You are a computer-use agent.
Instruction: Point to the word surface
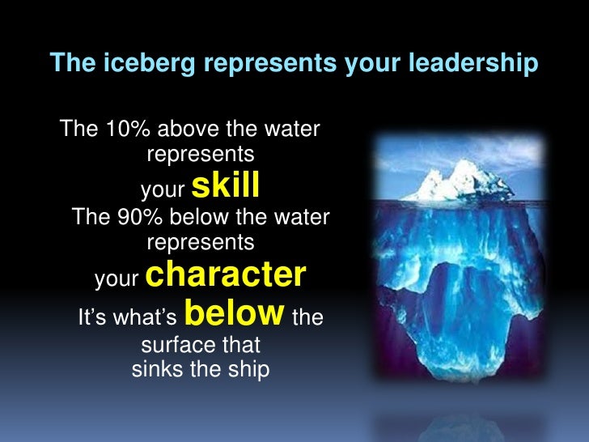(174, 346)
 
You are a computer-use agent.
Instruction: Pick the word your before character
(117, 279)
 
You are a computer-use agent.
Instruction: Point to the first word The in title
(67, 62)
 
